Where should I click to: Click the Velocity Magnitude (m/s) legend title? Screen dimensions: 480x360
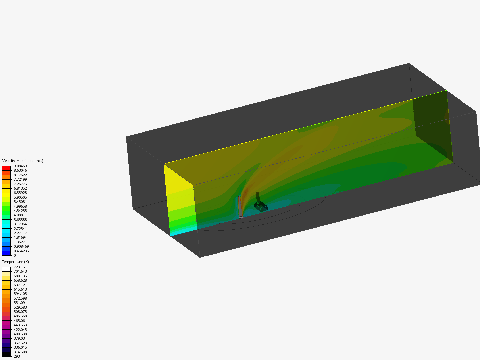[23, 161]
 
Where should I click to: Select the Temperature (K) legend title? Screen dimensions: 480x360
[16, 262]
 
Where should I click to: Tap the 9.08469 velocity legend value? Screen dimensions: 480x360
[20, 166]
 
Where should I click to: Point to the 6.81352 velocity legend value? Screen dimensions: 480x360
[20, 188]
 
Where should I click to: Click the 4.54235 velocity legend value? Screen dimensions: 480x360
[20, 211]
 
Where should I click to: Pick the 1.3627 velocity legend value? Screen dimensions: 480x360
[19, 242]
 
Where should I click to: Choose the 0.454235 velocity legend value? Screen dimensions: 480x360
[21, 251]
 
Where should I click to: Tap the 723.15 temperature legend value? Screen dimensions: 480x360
[19, 267]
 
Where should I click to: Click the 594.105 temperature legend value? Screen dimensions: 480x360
[20, 294]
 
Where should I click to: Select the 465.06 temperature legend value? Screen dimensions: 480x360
[19, 321]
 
